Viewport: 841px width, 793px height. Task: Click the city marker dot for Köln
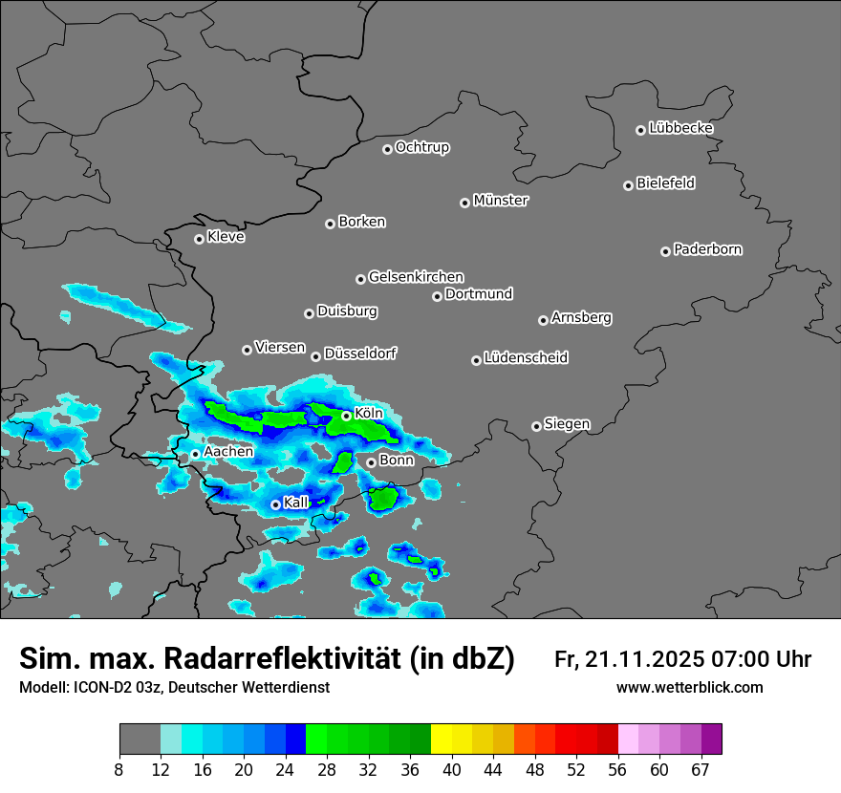click(x=346, y=416)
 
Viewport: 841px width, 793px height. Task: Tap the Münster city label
click(x=501, y=201)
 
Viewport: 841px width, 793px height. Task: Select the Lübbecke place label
click(x=680, y=128)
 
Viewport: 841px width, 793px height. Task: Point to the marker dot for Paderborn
click(x=665, y=251)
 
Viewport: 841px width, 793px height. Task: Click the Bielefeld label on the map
click(x=665, y=183)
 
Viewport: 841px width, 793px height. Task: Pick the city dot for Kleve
click(x=199, y=239)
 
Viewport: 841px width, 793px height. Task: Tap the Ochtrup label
click(x=422, y=147)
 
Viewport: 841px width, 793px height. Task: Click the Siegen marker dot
click(x=536, y=426)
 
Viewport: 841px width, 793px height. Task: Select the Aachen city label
click(x=228, y=451)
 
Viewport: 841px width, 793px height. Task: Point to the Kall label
click(x=296, y=502)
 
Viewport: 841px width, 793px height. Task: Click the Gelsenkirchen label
click(x=416, y=277)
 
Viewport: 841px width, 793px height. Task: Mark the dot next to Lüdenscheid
click(x=476, y=360)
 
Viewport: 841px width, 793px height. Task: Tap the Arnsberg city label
click(x=581, y=317)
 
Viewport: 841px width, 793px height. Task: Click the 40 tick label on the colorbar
click(x=452, y=770)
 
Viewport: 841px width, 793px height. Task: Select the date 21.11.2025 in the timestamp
click(x=646, y=659)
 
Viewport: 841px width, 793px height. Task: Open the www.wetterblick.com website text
click(x=689, y=688)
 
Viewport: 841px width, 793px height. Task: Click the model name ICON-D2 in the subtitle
click(x=101, y=688)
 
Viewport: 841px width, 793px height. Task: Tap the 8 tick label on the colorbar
click(x=119, y=770)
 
